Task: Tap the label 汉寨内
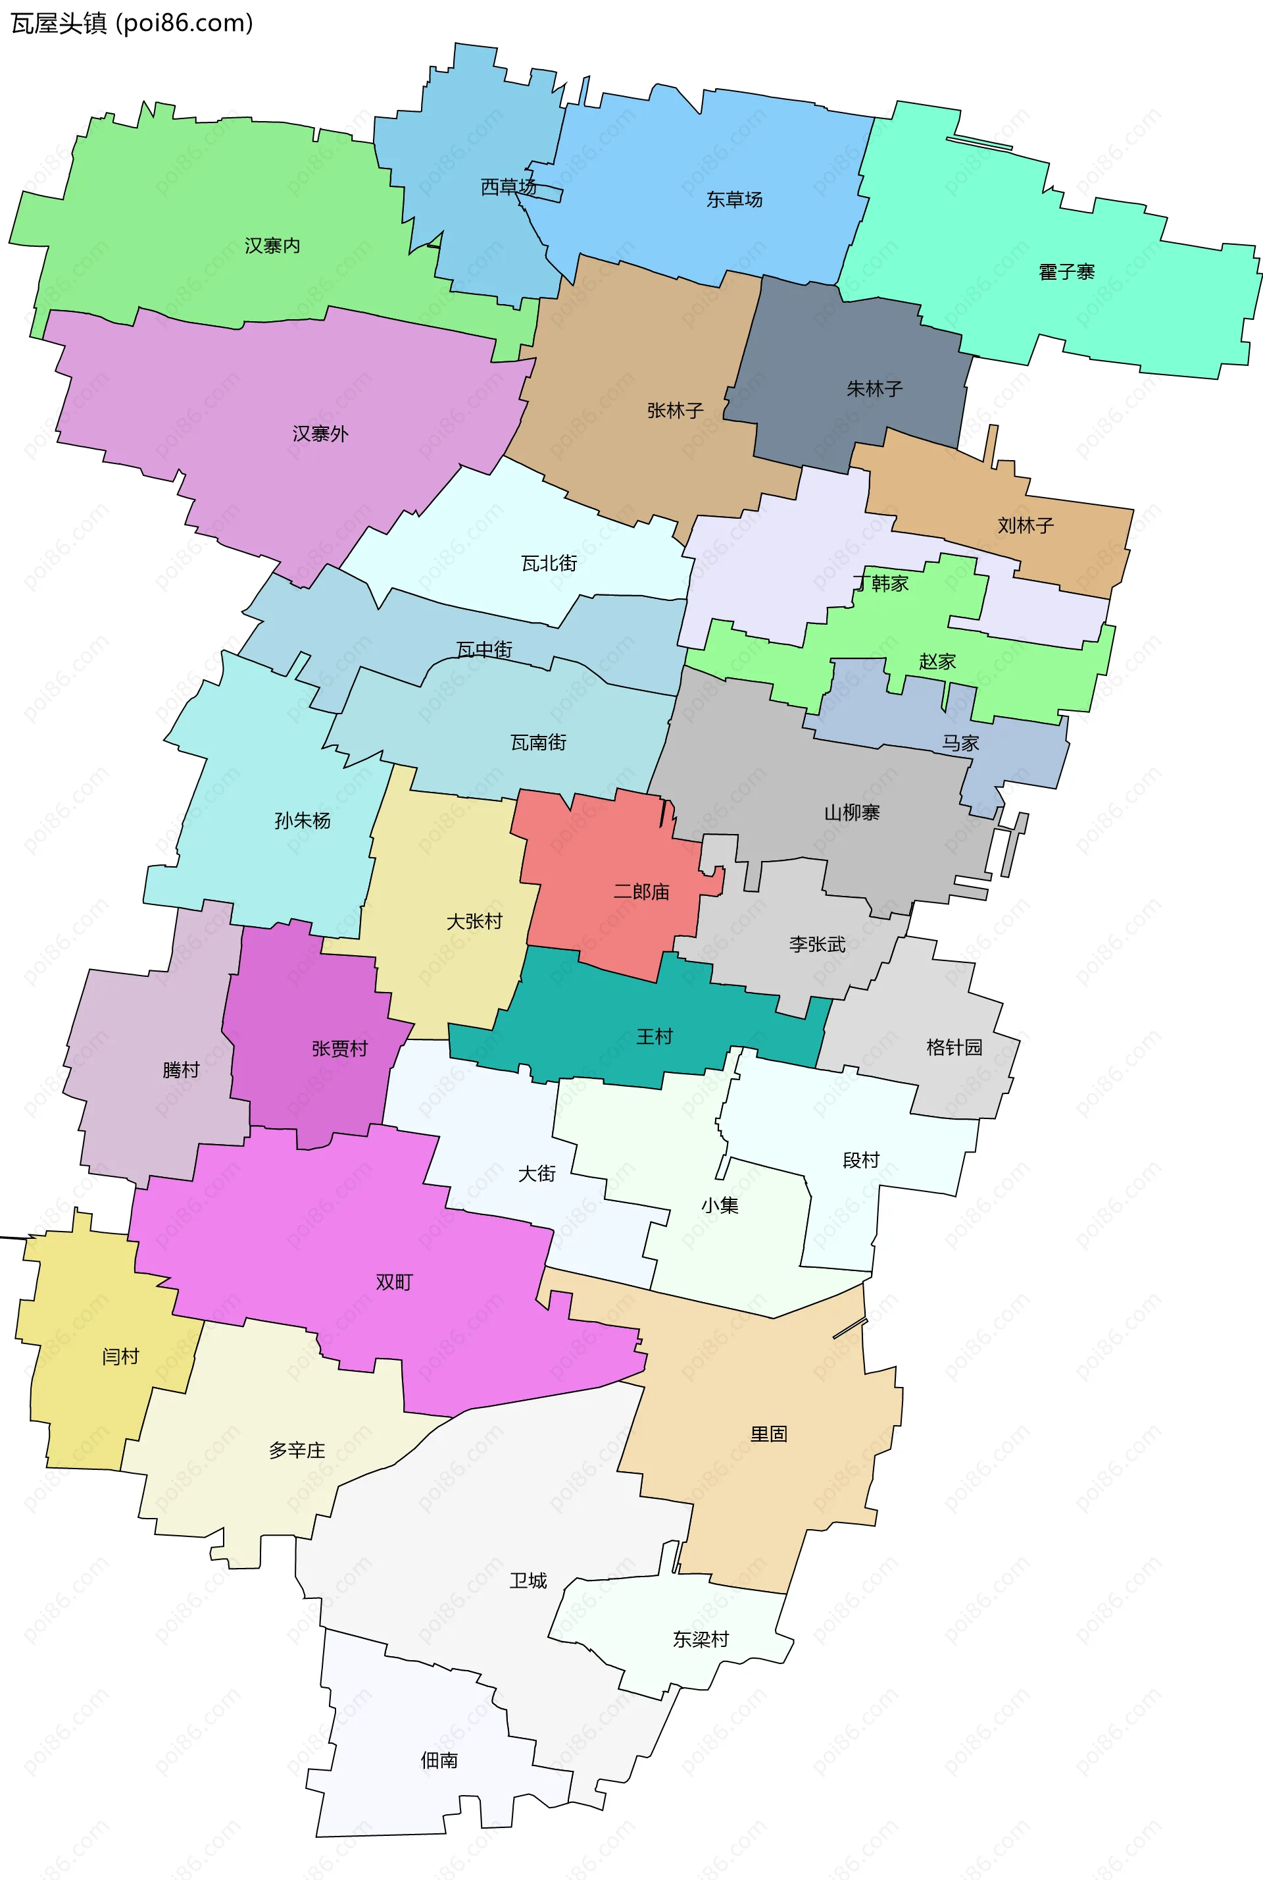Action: tap(272, 246)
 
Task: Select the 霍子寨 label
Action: tap(1066, 273)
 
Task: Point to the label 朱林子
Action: tap(874, 389)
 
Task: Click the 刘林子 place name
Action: tap(1026, 526)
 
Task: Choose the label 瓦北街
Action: tap(549, 564)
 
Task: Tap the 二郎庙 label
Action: tap(641, 892)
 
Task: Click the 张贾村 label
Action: tap(339, 1049)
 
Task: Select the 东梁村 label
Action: tap(700, 1640)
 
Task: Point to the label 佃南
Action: tap(439, 1761)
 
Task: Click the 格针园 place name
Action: tap(954, 1047)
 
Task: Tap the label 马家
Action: tap(960, 743)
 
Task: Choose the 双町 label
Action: tap(394, 1283)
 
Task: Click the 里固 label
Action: tap(768, 1434)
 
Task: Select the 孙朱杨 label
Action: tap(302, 821)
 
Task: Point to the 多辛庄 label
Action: tap(297, 1451)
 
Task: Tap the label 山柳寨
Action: tap(851, 813)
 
